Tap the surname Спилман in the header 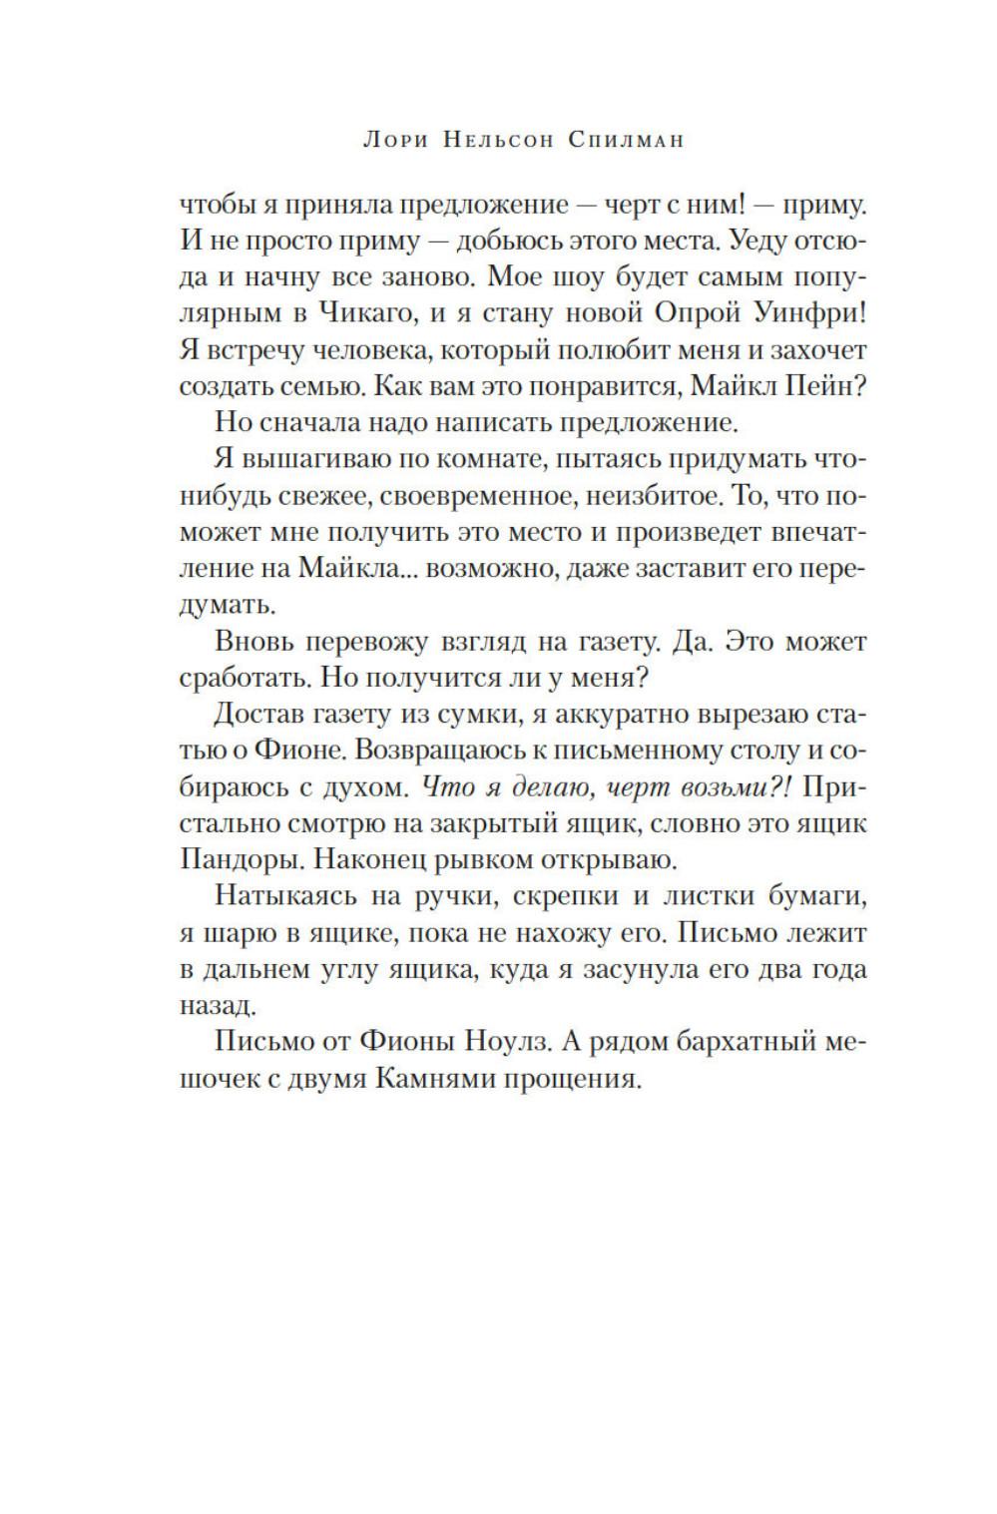pyautogui.click(x=626, y=141)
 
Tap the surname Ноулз pyautogui.click(x=508, y=1042)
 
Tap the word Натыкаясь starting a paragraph pyautogui.click(x=283, y=895)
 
